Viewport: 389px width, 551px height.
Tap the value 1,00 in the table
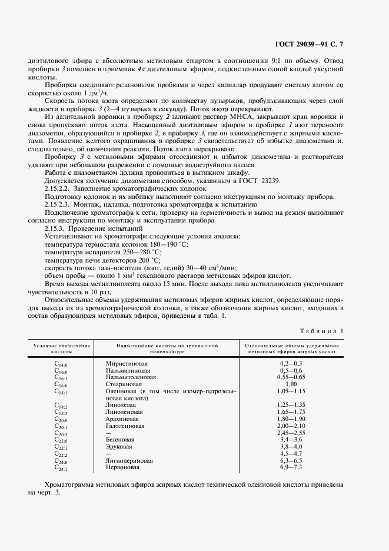click(x=292, y=384)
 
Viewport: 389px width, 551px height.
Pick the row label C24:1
click(x=61, y=468)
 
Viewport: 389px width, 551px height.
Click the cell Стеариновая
click(x=120, y=384)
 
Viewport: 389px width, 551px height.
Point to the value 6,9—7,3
click(x=292, y=467)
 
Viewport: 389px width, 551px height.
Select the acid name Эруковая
click(x=119, y=447)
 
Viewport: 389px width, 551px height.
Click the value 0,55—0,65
click(x=292, y=377)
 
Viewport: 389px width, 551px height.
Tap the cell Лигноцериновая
click(x=127, y=461)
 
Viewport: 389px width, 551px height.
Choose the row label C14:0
click(x=61, y=365)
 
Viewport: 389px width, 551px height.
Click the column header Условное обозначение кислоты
click(x=61, y=348)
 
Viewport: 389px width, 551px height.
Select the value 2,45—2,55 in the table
click(x=292, y=433)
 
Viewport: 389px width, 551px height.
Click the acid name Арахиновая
click(x=121, y=419)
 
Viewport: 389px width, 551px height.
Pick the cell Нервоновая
click(x=122, y=468)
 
